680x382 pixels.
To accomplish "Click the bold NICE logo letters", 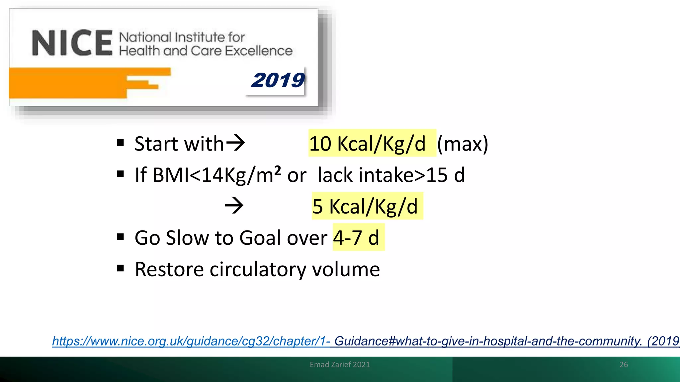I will coord(72,43).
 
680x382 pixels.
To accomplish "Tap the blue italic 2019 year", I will coord(278,81).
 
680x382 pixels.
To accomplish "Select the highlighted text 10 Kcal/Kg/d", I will coord(367,144).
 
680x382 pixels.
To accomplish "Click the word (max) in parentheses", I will coord(463,144).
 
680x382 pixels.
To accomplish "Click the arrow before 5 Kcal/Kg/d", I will coord(234,206).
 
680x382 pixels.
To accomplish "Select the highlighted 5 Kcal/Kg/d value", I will coord(365,206).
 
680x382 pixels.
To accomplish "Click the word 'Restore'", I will coord(169,269).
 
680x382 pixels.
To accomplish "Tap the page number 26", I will coord(624,364).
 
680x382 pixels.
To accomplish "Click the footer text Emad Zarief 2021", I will coord(340,364).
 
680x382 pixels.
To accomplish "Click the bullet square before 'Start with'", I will coord(121,143).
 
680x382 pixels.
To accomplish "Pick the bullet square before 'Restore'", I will coord(121,268).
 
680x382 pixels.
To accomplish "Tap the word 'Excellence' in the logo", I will coord(259,51).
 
